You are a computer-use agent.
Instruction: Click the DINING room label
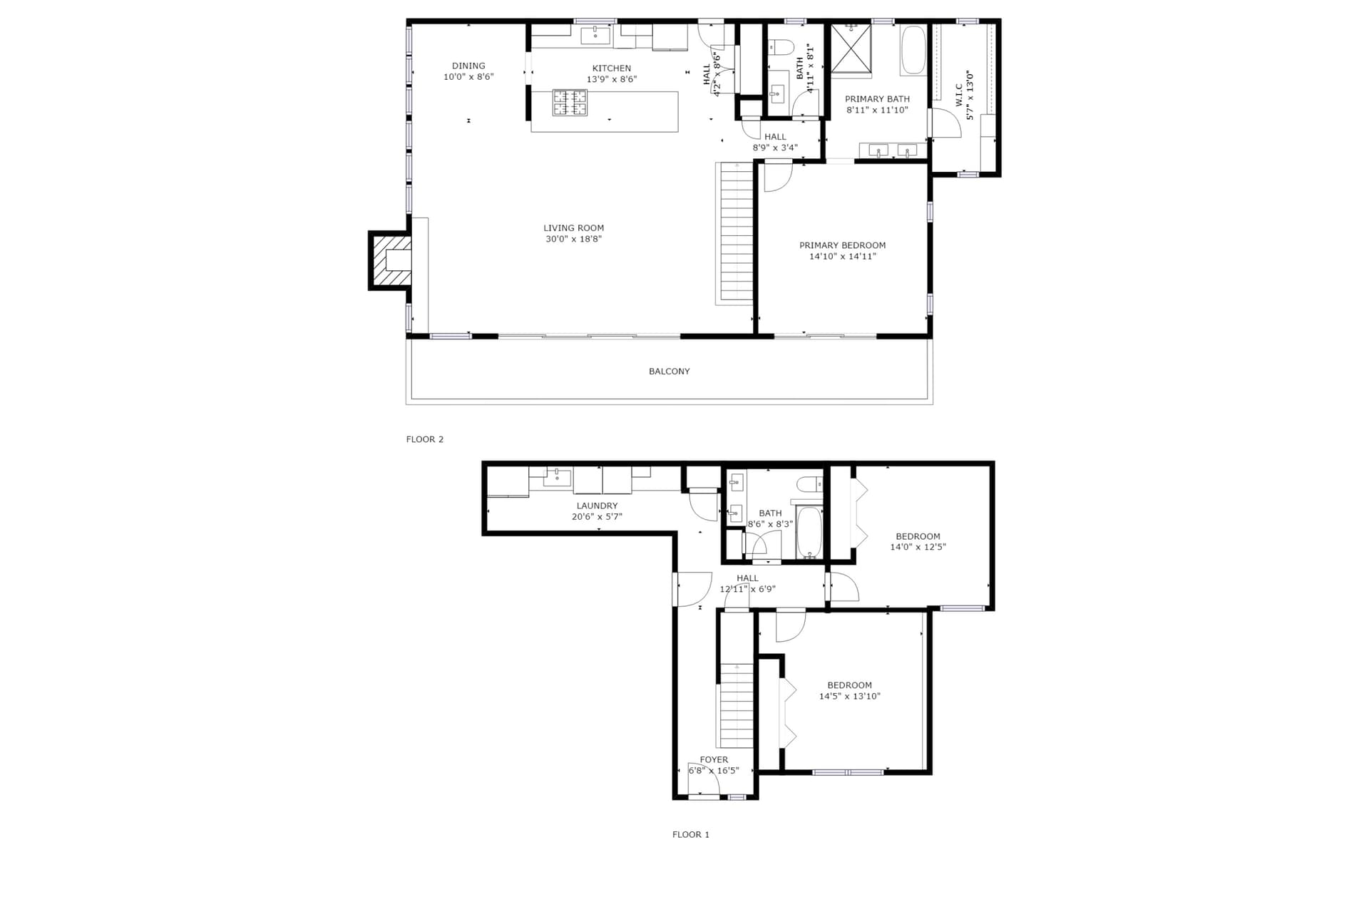click(468, 66)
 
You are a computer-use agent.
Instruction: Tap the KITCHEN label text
click(612, 68)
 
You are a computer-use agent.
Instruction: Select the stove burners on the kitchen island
click(570, 102)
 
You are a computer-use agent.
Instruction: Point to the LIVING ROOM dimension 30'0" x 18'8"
click(574, 239)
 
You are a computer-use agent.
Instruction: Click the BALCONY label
click(670, 371)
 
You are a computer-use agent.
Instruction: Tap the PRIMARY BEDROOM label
click(843, 245)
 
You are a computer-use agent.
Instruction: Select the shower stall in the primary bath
click(851, 48)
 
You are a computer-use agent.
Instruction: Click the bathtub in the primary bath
click(913, 50)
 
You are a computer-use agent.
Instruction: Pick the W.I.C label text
click(959, 95)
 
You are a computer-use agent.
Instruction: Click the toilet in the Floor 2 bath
click(781, 47)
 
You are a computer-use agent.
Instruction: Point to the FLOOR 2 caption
click(425, 439)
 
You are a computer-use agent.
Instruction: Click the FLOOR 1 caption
click(691, 834)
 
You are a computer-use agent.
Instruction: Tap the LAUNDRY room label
click(598, 506)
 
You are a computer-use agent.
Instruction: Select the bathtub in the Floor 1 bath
click(809, 532)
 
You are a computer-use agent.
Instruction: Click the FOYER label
click(714, 760)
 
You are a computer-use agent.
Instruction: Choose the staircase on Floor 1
click(737, 705)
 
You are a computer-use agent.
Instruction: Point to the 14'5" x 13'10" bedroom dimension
click(850, 696)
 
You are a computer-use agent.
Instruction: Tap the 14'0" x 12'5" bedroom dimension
click(918, 547)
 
